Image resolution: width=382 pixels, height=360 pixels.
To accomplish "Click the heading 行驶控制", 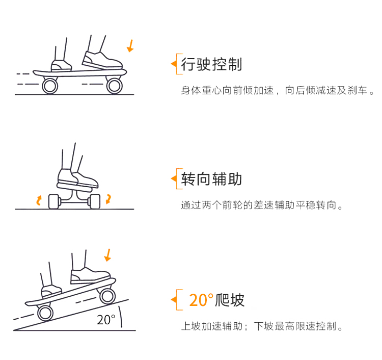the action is click(211, 64).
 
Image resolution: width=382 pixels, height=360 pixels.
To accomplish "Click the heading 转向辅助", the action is click(211, 179).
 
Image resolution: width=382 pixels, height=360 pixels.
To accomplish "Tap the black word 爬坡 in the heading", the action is click(230, 300).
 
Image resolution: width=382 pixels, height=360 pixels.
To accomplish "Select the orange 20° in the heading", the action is click(201, 300).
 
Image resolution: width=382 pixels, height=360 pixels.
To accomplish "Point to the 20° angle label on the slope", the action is click(106, 320).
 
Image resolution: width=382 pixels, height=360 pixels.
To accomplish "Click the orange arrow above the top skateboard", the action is click(130, 46).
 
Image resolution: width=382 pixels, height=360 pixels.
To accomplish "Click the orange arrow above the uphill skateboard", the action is click(107, 255).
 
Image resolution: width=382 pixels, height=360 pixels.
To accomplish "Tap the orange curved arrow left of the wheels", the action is click(39, 200).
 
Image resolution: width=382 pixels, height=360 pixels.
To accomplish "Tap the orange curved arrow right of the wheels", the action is click(108, 199).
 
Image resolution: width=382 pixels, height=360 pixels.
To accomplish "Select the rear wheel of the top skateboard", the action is click(50, 86).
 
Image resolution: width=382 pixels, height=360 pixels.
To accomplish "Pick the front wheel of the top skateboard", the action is click(114, 86).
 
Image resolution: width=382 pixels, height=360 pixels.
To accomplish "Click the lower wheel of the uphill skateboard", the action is click(45, 313).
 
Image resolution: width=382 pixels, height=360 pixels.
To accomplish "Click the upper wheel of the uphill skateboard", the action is click(107, 296).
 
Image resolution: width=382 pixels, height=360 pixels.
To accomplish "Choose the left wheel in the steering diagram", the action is click(54, 201).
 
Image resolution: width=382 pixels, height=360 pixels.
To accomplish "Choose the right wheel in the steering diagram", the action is click(95, 201).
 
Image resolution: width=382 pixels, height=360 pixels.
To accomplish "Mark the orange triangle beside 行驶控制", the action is click(174, 64).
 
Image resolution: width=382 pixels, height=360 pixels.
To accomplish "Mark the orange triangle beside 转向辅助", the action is click(174, 178).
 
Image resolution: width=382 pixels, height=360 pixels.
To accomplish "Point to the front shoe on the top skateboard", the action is click(102, 61).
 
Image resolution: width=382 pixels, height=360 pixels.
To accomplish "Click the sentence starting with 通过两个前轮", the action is click(262, 205).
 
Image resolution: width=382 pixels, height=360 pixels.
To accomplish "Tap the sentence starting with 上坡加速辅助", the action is click(262, 326).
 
